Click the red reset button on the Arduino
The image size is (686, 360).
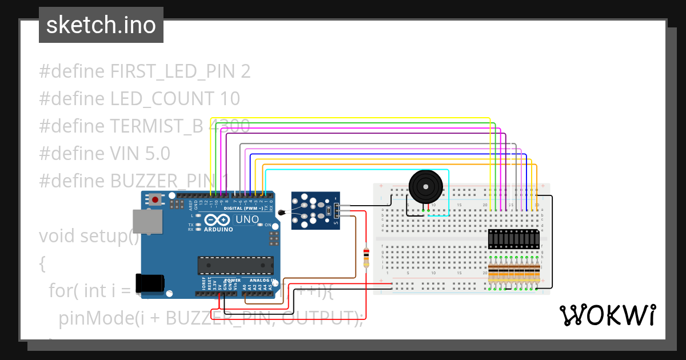(155, 200)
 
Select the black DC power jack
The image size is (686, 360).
(150, 283)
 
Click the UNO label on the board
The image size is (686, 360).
(247, 219)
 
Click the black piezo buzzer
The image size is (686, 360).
(425, 186)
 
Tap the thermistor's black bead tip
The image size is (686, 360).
(281, 213)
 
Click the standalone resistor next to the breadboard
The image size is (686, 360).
(366, 257)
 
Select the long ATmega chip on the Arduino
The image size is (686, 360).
(235, 265)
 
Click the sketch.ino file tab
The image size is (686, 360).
(101, 25)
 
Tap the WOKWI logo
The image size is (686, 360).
(608, 315)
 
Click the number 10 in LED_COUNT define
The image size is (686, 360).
(229, 99)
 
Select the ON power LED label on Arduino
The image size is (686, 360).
(268, 225)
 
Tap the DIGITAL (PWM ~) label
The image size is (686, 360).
(243, 209)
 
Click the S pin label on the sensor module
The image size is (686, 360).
(336, 222)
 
